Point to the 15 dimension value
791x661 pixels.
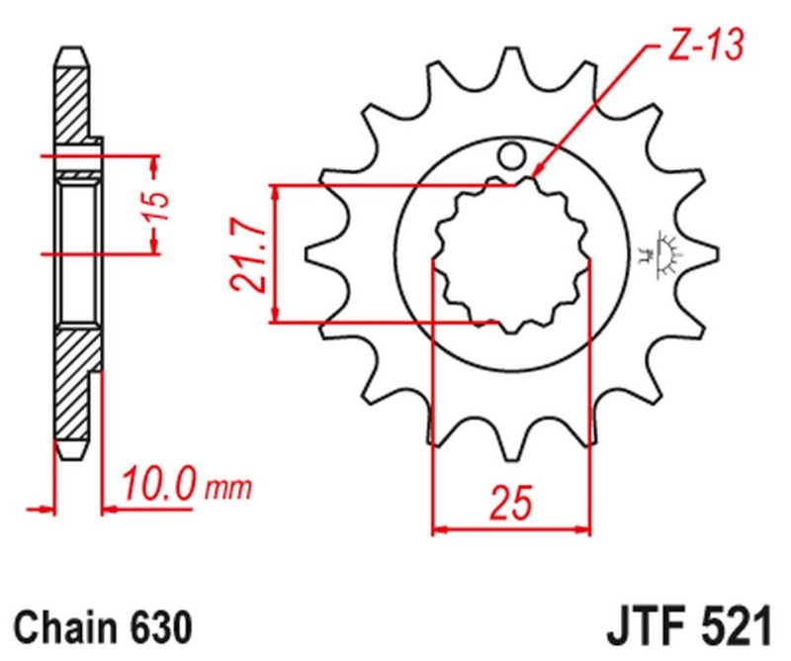164,204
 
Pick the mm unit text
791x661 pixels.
229,488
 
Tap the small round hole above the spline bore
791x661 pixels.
510,154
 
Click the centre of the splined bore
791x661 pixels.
510,251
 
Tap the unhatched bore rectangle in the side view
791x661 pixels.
79,252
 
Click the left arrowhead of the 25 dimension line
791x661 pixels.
439,530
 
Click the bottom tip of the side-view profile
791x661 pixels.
69,455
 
